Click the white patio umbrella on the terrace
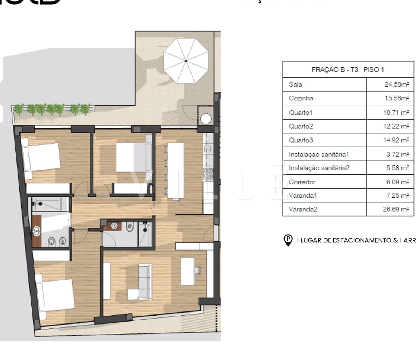(186, 61)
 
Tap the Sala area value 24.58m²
(397, 84)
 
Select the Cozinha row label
(301, 98)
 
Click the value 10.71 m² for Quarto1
(396, 112)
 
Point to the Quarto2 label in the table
(301, 126)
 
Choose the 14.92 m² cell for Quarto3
(396, 140)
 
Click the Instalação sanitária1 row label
(319, 154)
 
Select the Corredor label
(302, 182)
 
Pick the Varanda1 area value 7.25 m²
(397, 195)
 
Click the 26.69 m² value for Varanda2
(396, 209)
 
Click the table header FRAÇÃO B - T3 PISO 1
(348, 70)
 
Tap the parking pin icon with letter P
(288, 240)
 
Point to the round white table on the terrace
(206, 119)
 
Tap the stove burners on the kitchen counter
(208, 173)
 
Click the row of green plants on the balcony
(52, 109)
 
